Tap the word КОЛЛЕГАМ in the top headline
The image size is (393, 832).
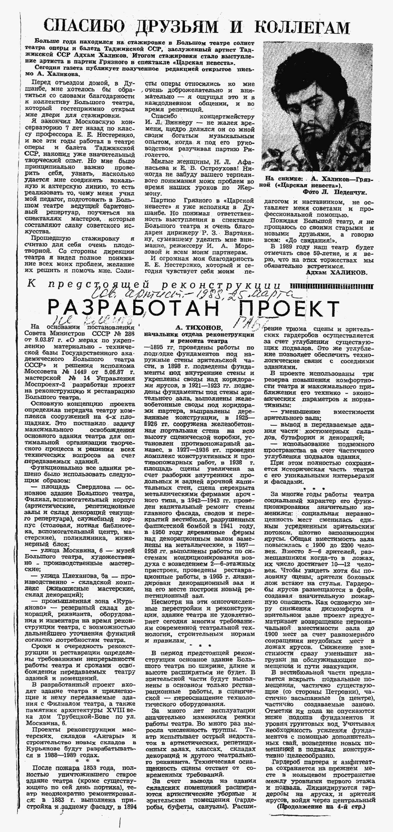point(301,27)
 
